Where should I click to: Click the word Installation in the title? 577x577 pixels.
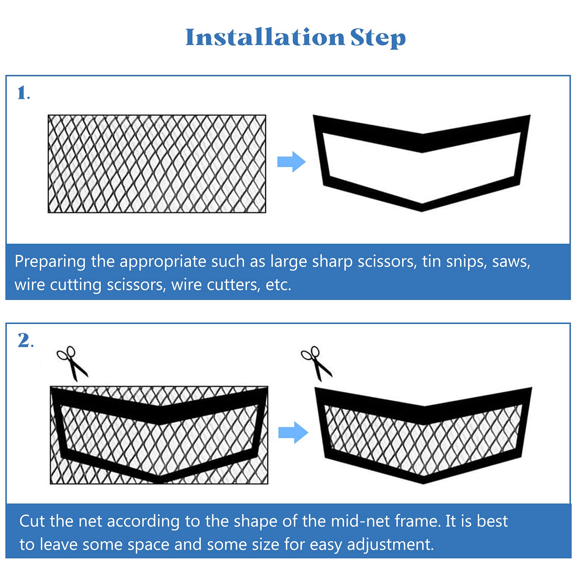265,37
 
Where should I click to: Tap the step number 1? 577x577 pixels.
22,93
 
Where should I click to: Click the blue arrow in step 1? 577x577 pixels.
291,162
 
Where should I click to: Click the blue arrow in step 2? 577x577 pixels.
293,433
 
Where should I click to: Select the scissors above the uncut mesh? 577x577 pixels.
72,363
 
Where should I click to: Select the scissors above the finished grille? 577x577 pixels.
316,363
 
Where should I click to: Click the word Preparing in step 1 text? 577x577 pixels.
50,262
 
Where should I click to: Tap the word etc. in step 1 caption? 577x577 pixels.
278,285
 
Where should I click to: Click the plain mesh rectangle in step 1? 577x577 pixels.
157,164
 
